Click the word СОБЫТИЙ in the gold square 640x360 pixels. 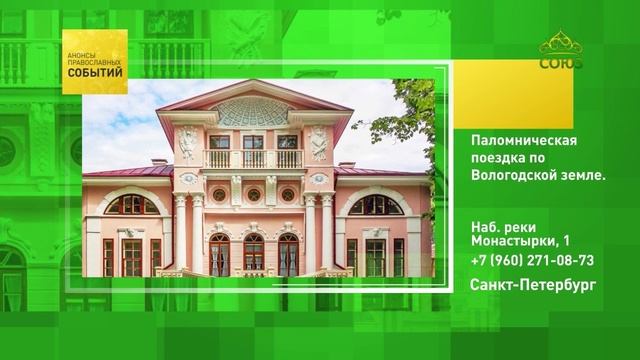(95, 73)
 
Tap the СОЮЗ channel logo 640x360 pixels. (561, 50)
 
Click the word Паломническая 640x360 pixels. (524, 140)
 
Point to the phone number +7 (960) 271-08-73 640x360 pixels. (532, 260)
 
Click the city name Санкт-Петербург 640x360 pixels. (533, 285)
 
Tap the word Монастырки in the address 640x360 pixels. (513, 240)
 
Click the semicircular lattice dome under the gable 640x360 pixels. (253, 112)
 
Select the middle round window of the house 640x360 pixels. (253, 195)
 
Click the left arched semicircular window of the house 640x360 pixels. (131, 205)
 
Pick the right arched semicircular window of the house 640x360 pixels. (376, 205)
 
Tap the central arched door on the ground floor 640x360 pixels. (253, 254)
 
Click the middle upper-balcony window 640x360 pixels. (253, 142)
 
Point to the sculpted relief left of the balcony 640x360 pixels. (187, 142)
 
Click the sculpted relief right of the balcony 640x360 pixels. (319, 142)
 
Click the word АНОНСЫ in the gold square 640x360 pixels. (81, 55)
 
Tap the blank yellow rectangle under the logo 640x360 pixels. (513, 95)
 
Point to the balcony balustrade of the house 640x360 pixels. (253, 159)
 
